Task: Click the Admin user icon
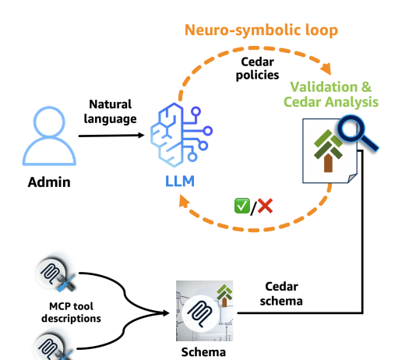pos(49,136)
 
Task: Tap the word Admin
pos(49,182)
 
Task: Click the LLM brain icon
pos(182,135)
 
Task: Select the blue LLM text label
pos(180,182)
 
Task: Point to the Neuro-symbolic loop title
pos(261,30)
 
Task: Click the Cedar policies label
pos(257,69)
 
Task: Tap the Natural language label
pos(110,111)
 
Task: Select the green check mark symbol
pos(242,206)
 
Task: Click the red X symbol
pos(265,206)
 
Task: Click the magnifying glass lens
pos(351,129)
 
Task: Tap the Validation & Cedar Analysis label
pos(331,94)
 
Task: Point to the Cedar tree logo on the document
pos(328,150)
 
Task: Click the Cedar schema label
pos(281,294)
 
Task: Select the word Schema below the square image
pos(203,352)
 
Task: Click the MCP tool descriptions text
pos(71,312)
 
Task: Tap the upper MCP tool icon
pos(55,274)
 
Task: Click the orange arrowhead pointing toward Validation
pos(326,69)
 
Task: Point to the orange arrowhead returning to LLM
pos(184,201)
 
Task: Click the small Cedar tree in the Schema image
pos(224,295)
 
